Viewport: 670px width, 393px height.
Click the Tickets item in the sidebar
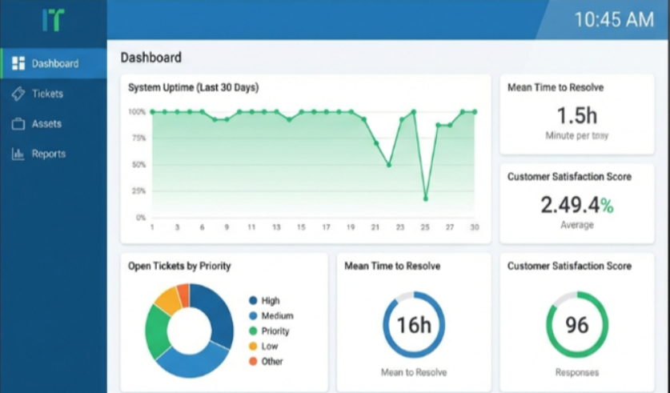[46, 94]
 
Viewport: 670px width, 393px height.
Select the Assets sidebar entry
[46, 124]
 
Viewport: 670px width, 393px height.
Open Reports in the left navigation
[48, 154]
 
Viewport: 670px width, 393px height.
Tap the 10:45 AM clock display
[614, 20]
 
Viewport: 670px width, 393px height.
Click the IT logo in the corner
[53, 20]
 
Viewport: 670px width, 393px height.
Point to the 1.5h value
[576, 114]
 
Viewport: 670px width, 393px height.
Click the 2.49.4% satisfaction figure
[576, 205]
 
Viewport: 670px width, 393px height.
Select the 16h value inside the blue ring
[414, 325]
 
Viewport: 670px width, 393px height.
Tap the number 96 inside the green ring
[576, 325]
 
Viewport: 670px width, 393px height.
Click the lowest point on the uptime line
[425, 198]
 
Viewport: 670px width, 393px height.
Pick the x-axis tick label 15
[301, 227]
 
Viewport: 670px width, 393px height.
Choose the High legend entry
[270, 301]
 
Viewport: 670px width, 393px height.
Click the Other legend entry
[271, 361]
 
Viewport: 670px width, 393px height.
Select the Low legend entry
[269, 346]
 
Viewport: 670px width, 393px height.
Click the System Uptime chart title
[193, 87]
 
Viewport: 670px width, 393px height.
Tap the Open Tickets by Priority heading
[185, 266]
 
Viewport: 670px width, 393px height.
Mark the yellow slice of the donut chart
[167, 301]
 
